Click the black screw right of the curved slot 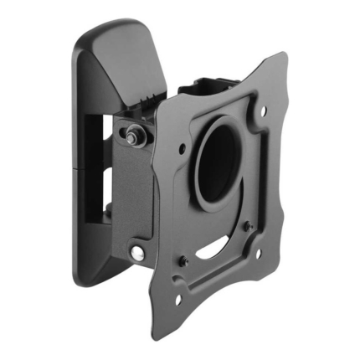pyautogui.click(x=247, y=225)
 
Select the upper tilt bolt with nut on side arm pyautogui.click(x=133, y=131)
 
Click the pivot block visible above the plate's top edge pyautogui.click(x=209, y=85)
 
